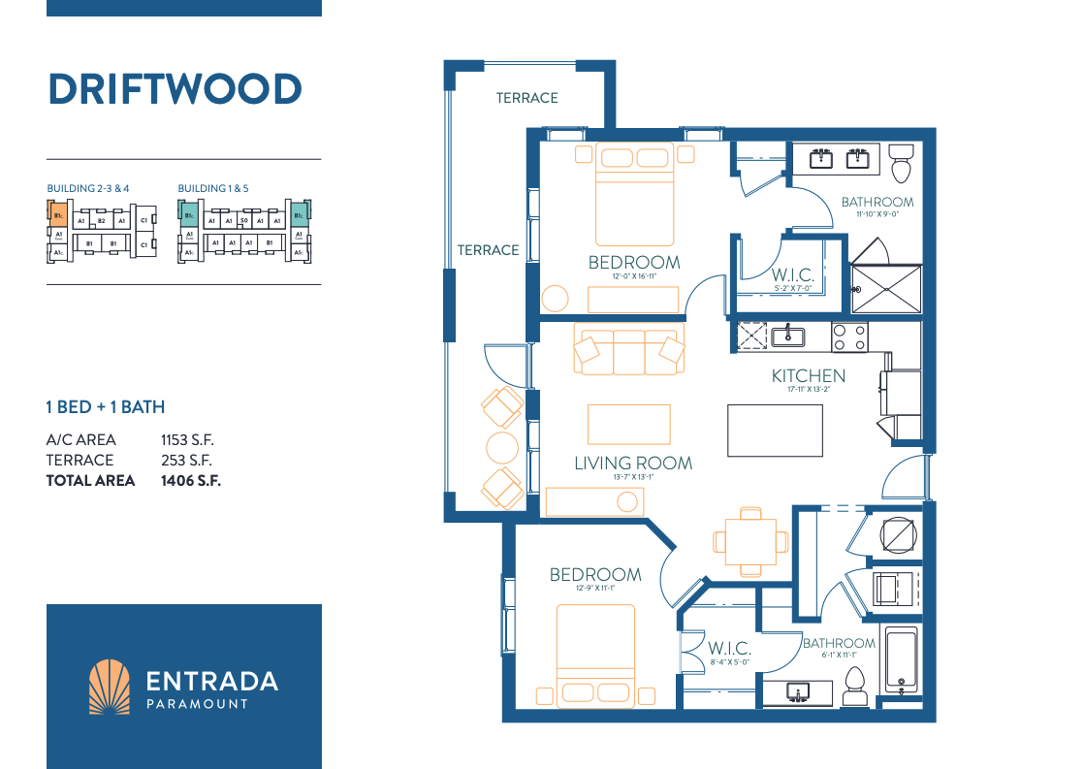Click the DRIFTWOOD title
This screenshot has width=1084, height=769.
pyautogui.click(x=175, y=89)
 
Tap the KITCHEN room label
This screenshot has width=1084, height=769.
pyautogui.click(x=808, y=375)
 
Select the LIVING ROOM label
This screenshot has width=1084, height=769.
pyautogui.click(x=633, y=463)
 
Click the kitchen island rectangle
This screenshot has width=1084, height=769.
pyautogui.click(x=775, y=430)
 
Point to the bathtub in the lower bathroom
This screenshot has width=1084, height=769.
pyautogui.click(x=901, y=661)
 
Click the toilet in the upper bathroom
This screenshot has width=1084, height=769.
pyautogui.click(x=902, y=164)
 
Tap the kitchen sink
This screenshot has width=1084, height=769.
pyautogui.click(x=787, y=336)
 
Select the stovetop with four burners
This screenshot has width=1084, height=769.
pyautogui.click(x=849, y=336)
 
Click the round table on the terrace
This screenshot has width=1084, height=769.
pyautogui.click(x=502, y=448)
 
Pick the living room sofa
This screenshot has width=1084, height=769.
pyautogui.click(x=629, y=351)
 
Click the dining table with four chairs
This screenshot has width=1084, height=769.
pyautogui.click(x=750, y=540)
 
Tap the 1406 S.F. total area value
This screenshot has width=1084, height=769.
pyautogui.click(x=191, y=480)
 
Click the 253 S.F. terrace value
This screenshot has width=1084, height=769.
pyautogui.click(x=186, y=460)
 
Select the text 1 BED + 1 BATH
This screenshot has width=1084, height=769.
pyautogui.click(x=106, y=406)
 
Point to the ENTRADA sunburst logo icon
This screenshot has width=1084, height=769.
pyautogui.click(x=109, y=687)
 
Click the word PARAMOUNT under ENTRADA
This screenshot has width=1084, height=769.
pyautogui.click(x=196, y=703)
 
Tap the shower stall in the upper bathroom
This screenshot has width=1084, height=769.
pyautogui.click(x=886, y=277)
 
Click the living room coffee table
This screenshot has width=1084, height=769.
pyautogui.click(x=628, y=424)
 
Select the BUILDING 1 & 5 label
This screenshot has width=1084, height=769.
pyautogui.click(x=213, y=188)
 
